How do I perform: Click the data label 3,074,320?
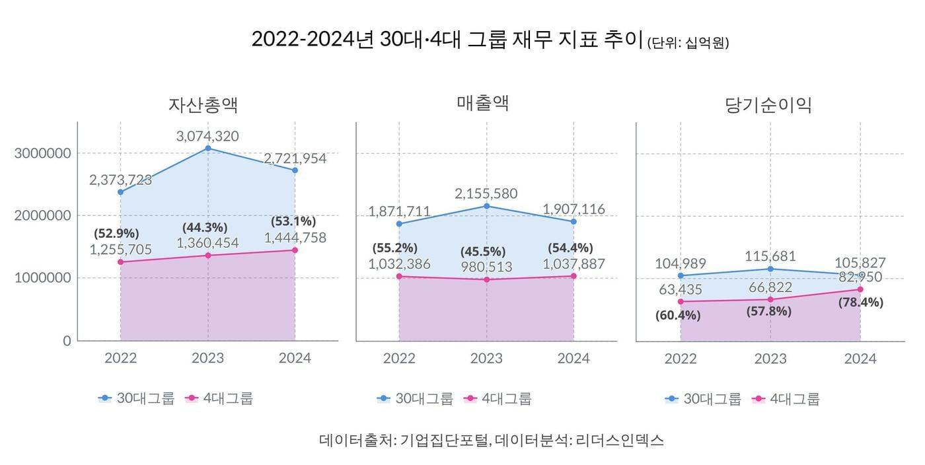207,136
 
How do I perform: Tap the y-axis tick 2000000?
42,215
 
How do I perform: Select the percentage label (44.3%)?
205,227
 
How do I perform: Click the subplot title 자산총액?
203,105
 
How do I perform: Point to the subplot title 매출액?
483,103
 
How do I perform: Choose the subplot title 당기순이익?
768,105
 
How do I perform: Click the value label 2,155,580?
486,194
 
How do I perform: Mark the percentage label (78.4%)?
860,302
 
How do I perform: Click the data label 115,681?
770,256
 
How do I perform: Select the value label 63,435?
680,289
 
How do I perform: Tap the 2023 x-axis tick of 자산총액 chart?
207,358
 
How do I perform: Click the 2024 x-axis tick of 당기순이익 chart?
860,359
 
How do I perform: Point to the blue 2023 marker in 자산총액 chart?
207,148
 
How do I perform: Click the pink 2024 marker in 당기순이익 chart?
860,289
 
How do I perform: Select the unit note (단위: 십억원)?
688,44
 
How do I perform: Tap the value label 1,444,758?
295,238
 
